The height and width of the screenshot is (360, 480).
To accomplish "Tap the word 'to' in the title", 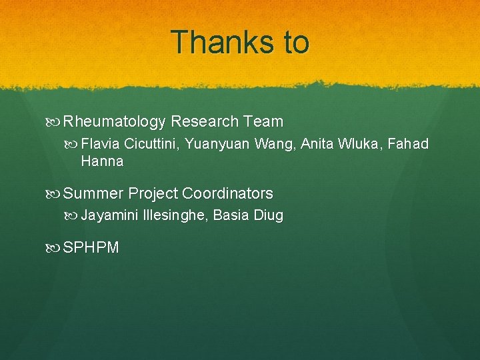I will point(296,43).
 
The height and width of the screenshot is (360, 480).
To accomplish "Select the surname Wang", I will point(274,145).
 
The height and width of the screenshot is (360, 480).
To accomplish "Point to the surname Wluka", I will point(359,145).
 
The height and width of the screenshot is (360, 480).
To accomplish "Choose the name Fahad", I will point(407,145).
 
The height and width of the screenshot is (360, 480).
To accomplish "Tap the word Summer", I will point(93,194).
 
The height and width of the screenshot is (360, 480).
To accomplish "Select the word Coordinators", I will point(227,194).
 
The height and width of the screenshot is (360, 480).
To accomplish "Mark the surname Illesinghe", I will point(175,216).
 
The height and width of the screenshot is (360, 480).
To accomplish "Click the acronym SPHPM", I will point(91,249).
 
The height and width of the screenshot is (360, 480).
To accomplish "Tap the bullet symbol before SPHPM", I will point(54,249).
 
